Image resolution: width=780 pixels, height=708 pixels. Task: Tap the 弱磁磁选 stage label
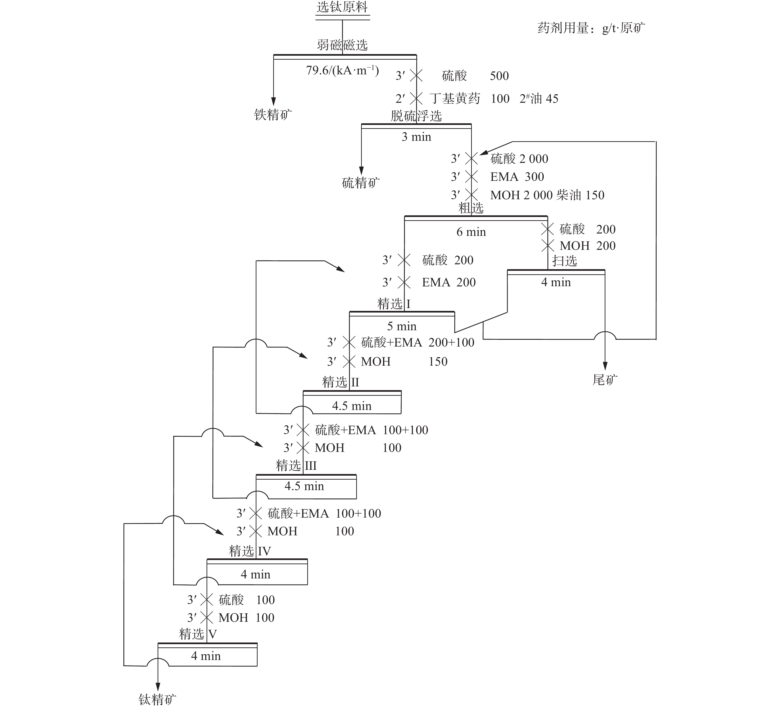click(x=342, y=45)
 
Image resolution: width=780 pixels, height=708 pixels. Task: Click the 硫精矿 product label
click(x=361, y=183)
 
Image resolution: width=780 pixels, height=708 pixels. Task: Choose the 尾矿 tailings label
click(x=605, y=380)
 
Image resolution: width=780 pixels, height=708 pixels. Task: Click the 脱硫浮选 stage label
click(x=416, y=116)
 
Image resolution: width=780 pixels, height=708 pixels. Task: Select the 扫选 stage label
click(x=565, y=260)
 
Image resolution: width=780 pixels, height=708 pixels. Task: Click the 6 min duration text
click(x=471, y=232)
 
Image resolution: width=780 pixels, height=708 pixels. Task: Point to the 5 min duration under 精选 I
click(x=402, y=326)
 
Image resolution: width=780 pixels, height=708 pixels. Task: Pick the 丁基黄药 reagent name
click(x=455, y=99)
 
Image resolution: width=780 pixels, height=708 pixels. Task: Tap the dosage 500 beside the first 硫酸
click(x=499, y=76)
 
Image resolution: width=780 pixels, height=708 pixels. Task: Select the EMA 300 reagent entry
click(x=517, y=177)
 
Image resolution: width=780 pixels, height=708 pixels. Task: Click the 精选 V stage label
click(x=198, y=634)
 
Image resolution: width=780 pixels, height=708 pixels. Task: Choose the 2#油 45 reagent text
click(x=539, y=99)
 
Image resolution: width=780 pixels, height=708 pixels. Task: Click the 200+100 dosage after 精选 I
click(x=451, y=342)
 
